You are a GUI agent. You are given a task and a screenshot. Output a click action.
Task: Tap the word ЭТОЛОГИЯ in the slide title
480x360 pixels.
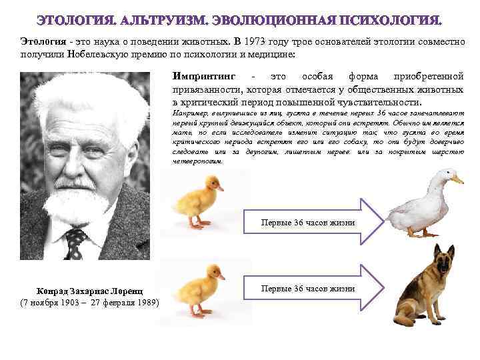coord(76,20)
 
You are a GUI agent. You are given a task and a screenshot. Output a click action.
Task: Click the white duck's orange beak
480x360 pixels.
coord(457,179)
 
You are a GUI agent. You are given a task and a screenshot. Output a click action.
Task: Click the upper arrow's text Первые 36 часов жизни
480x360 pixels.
coord(307,223)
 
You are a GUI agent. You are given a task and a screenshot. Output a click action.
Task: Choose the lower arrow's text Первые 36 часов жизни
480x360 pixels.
coord(307,289)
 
